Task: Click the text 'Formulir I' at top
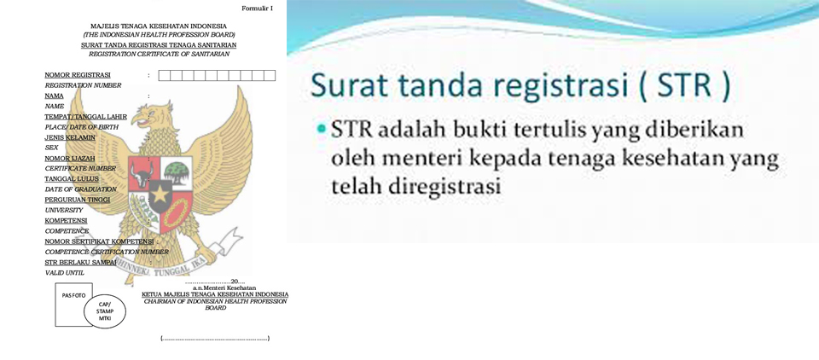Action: [x=258, y=8]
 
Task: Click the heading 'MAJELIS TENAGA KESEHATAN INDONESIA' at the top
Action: [x=159, y=26]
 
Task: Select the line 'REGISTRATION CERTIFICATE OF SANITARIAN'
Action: [x=159, y=54]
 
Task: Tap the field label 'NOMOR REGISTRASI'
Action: [x=78, y=75]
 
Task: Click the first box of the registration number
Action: [x=165, y=75]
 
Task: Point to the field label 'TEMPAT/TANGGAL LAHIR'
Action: [x=85, y=117]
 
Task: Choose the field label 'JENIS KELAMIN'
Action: [x=70, y=137]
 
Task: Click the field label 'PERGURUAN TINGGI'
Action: [x=78, y=200]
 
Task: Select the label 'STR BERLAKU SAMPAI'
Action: [x=80, y=262]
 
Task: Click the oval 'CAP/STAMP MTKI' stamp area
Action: [x=105, y=311]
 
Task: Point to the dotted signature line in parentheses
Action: [x=215, y=339]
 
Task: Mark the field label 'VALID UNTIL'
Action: [x=65, y=273]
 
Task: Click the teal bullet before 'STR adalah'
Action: [x=321, y=129]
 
